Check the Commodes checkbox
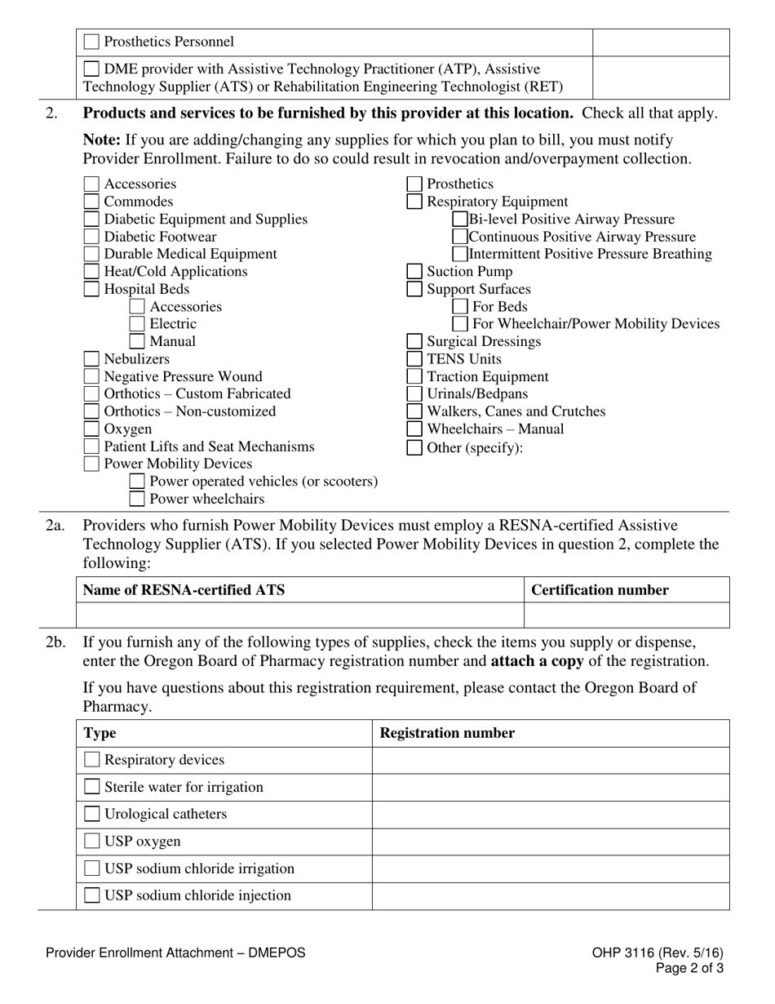pos(91,202)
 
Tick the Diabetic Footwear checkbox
pos(91,237)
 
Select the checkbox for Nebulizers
pos(91,359)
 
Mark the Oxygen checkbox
pos(91,429)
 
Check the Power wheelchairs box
pos(137,499)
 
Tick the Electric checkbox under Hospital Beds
pos(137,324)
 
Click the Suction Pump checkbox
pos(414,272)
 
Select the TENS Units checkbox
pos(414,359)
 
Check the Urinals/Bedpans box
pos(414,394)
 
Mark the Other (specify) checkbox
pos(414,447)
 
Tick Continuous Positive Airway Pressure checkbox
pos(460,237)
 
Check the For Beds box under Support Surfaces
pos(460,307)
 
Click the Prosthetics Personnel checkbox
pos(92,42)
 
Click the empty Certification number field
pos(626,615)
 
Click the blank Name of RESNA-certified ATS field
pos(299,615)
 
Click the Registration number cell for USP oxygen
pos(551,842)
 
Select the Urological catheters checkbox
pos(92,814)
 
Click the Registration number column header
pos(447,733)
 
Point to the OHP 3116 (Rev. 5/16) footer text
pos(658,953)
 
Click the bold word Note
pos(101,140)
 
